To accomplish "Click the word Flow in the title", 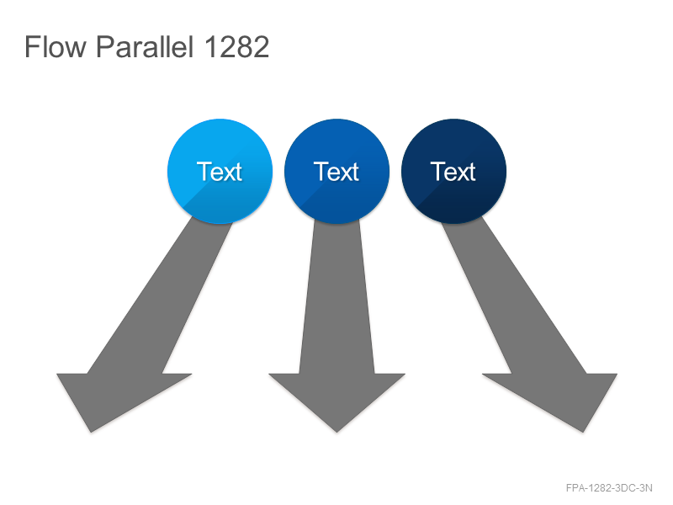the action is (x=56, y=46).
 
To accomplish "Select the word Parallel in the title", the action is (x=145, y=46).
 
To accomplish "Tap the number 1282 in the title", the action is (x=236, y=46).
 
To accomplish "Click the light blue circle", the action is (x=220, y=172).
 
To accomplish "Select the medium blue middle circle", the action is (x=337, y=172).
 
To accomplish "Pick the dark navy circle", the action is (x=453, y=172).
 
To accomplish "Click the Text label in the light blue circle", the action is (x=220, y=172).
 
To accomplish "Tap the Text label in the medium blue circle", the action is (x=336, y=172).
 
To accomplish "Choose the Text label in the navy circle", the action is (x=453, y=172).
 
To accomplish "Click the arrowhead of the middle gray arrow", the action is (x=337, y=397).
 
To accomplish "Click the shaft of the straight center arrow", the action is (x=337, y=296).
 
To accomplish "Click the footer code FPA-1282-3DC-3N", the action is (x=609, y=488).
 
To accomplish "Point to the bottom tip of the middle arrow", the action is (x=337, y=432).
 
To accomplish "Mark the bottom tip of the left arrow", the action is (x=91, y=432).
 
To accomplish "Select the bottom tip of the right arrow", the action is (x=583, y=432).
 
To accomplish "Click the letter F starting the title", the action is (x=32, y=46).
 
